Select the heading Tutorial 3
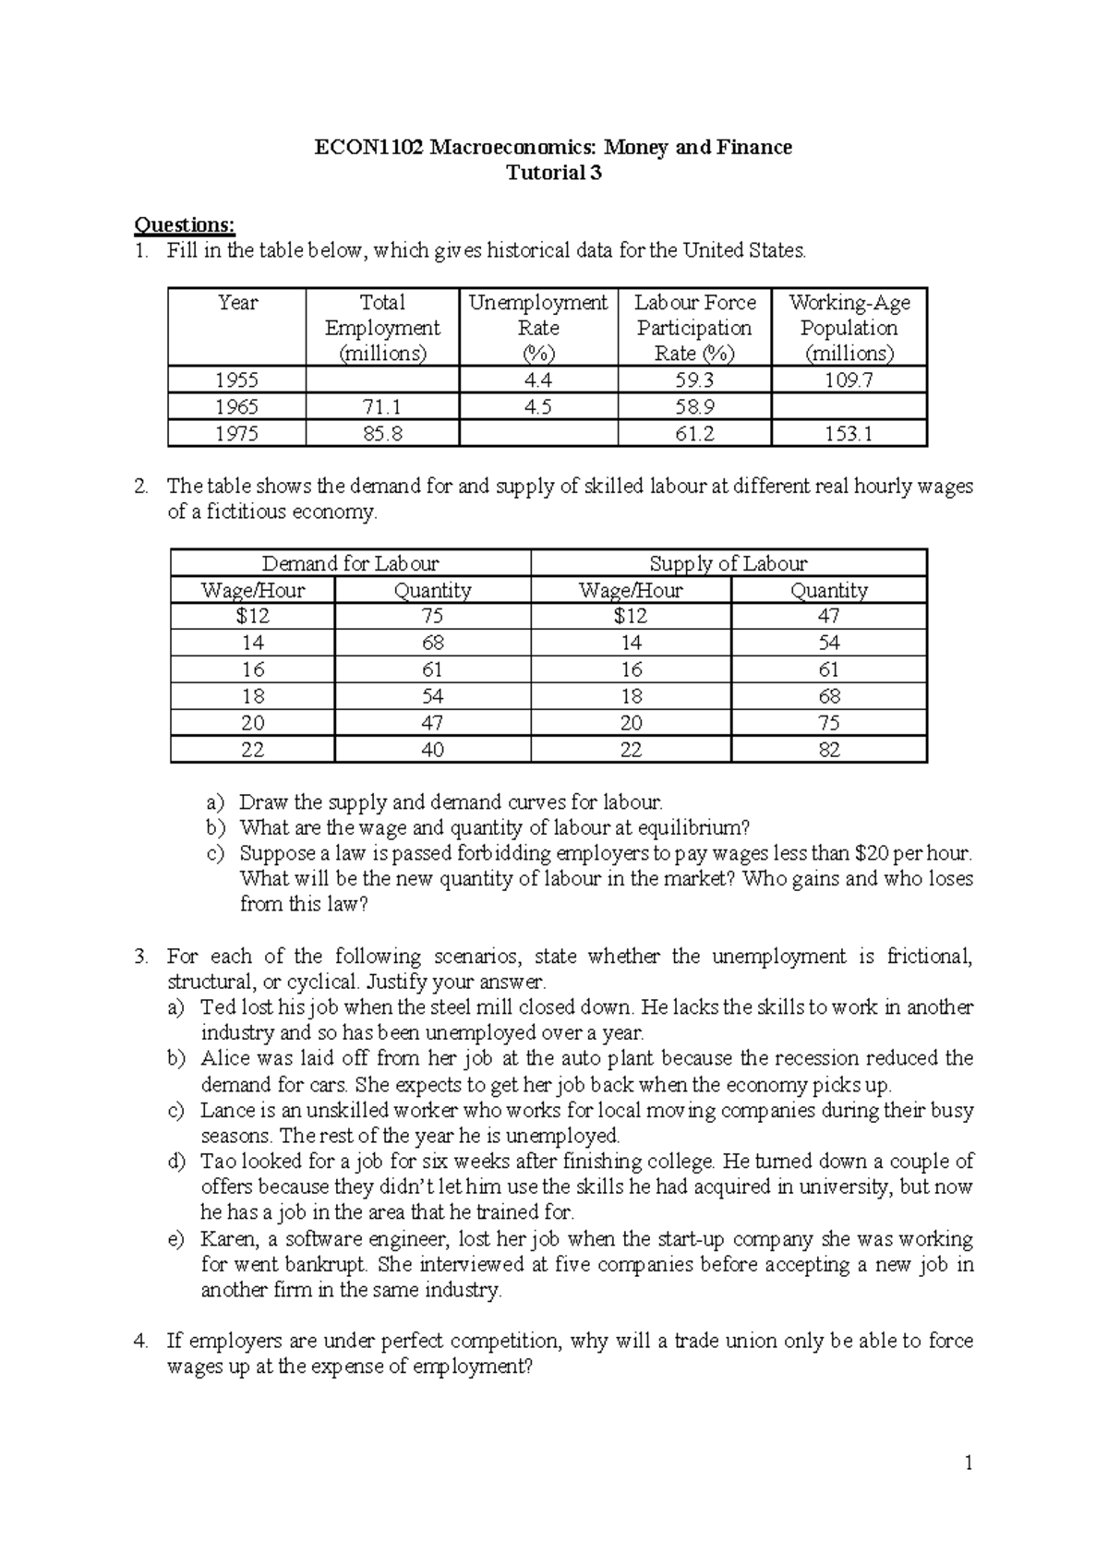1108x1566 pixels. pyautogui.click(x=554, y=173)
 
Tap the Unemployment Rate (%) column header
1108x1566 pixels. pyautogui.click(x=537, y=328)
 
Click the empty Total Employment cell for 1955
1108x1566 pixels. pyautogui.click(x=382, y=380)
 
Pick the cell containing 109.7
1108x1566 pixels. pyautogui.click(x=849, y=380)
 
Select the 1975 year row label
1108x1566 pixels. pyautogui.click(x=236, y=434)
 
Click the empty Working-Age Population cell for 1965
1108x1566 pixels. pyautogui.click(x=849, y=407)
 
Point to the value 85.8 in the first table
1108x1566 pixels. pyautogui.click(x=382, y=434)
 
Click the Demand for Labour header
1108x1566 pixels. pyautogui.click(x=350, y=564)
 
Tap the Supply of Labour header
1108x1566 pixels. pyautogui.click(x=728, y=564)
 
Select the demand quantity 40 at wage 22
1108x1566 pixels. pyautogui.click(x=432, y=750)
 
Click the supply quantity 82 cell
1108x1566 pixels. pyautogui.click(x=829, y=750)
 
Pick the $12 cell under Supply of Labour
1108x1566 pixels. pyautogui.click(x=630, y=617)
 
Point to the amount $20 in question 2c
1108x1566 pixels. pyautogui.click(x=873, y=853)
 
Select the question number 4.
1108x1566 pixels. pyautogui.click(x=139, y=1341)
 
